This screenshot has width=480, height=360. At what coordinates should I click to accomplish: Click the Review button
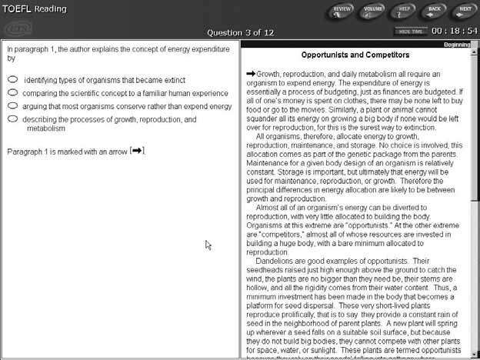click(x=342, y=11)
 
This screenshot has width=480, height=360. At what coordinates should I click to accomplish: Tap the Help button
click(x=404, y=11)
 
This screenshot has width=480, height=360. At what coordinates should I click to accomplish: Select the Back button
click(x=435, y=11)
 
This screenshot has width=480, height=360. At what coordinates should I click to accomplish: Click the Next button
click(x=464, y=11)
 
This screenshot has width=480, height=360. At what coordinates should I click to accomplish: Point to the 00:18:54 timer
click(x=454, y=31)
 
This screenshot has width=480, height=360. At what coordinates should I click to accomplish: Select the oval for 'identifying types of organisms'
click(x=13, y=79)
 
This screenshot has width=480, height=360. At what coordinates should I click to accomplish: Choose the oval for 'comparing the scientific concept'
click(x=13, y=92)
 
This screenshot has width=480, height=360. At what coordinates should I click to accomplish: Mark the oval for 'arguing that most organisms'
click(x=13, y=106)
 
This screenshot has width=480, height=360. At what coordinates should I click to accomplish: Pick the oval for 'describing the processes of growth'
click(x=13, y=119)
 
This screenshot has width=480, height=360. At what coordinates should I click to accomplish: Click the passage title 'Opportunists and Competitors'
click(x=355, y=55)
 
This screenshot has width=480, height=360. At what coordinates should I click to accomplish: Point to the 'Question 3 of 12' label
click(x=241, y=32)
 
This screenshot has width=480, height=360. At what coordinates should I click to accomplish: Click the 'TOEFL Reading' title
click(x=34, y=9)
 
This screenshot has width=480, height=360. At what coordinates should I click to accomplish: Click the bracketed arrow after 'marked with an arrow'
click(x=138, y=151)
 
